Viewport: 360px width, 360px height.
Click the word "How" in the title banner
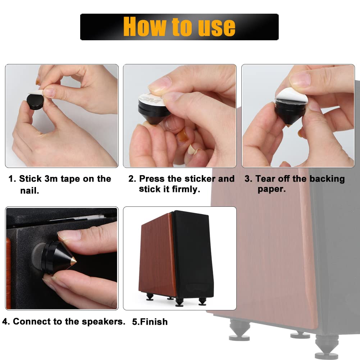pos(145,27)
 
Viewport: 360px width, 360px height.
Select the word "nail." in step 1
pos(29,191)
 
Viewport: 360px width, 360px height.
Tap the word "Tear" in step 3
pos(266,179)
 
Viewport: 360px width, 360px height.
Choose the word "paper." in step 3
pos(272,189)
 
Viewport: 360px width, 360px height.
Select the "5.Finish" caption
pos(150,322)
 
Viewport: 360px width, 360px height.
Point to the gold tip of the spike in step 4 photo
pos(73,261)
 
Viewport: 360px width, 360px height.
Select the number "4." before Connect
pos(6,322)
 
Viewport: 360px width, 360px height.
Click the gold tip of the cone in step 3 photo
pos(287,126)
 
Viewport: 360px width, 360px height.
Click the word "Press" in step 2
pos(152,179)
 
